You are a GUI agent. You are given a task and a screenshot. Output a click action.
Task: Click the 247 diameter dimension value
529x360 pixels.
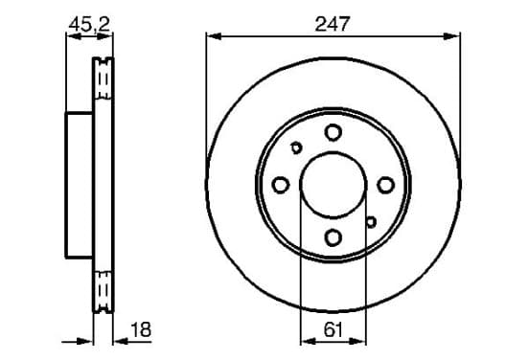(x=333, y=24)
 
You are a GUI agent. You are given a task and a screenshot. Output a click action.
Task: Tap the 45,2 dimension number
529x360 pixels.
(x=89, y=24)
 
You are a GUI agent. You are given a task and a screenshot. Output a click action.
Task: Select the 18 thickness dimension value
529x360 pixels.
(x=141, y=329)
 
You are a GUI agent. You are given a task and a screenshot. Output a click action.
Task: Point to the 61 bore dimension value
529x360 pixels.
(x=333, y=329)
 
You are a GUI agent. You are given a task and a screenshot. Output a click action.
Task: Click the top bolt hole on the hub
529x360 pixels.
(x=333, y=132)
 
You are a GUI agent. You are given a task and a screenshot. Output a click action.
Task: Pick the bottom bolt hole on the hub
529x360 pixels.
(x=333, y=237)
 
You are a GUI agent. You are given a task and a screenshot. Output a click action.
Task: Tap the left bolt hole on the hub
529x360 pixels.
(x=281, y=185)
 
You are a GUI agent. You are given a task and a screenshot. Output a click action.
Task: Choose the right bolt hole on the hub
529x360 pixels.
(x=385, y=185)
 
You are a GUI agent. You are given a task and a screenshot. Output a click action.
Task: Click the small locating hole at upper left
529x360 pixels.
(x=296, y=147)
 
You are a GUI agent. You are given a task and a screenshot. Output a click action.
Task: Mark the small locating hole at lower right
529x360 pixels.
(x=371, y=222)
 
